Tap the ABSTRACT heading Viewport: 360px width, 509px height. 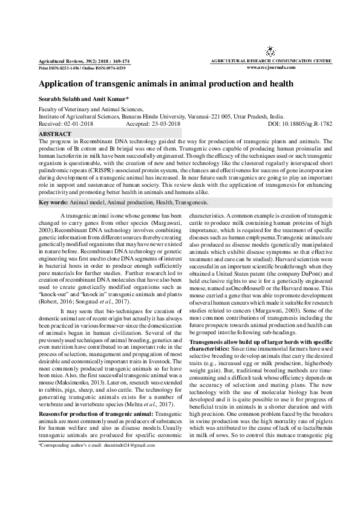(55, 132)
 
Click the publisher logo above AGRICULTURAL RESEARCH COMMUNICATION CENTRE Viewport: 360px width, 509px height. (269, 53)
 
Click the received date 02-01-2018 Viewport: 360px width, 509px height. (79, 123)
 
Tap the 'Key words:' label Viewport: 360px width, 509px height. (53, 203)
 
